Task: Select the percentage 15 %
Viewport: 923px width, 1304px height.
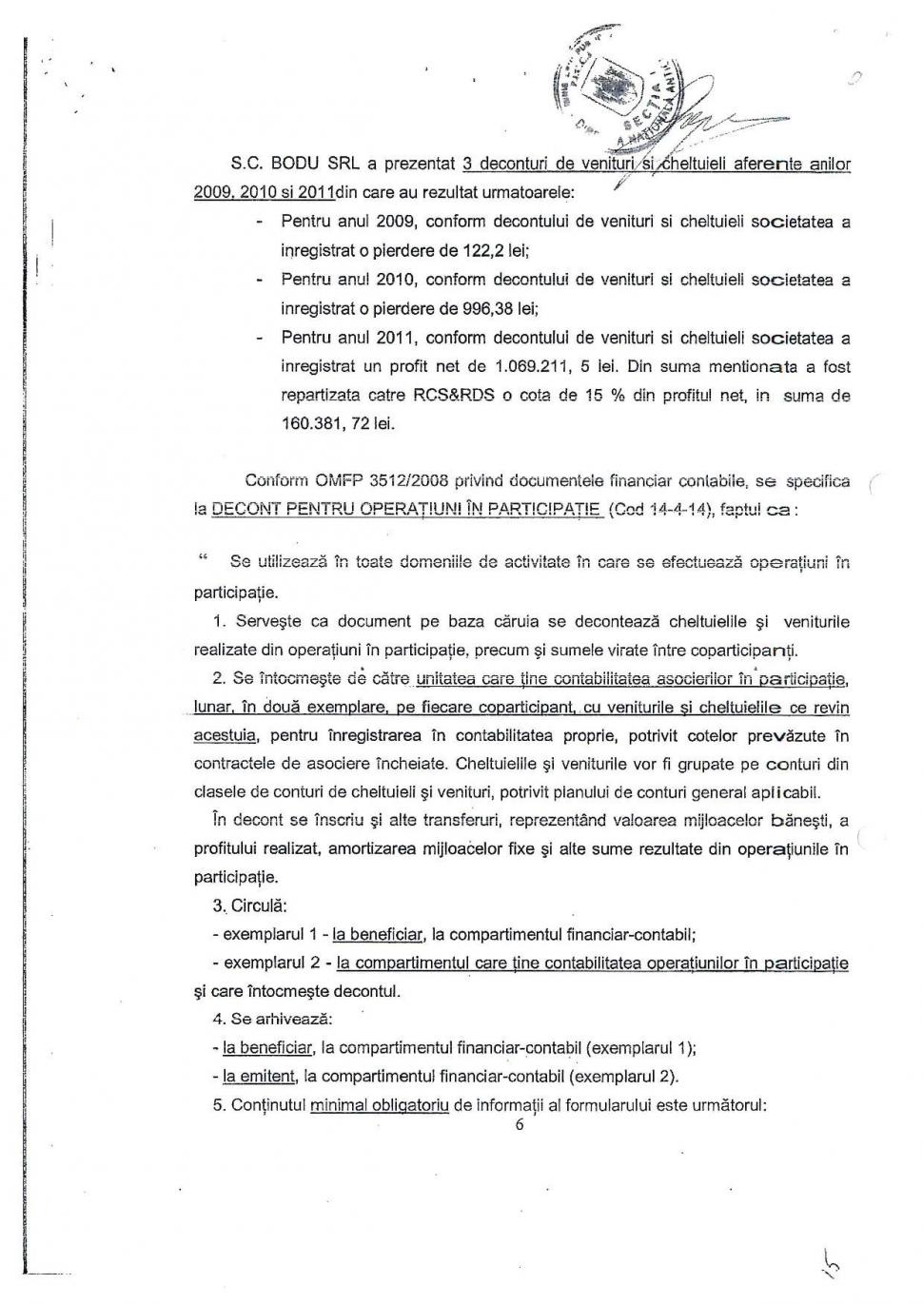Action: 618,395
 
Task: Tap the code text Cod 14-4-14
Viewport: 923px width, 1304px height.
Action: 662,509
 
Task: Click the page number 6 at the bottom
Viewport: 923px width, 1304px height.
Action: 519,1125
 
